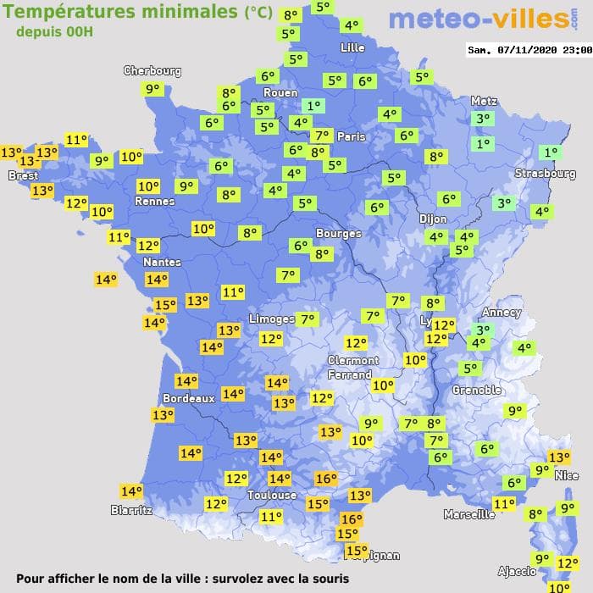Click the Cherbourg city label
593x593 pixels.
tap(152, 71)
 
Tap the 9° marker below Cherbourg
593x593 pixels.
tap(153, 89)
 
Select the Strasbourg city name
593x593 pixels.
tap(545, 174)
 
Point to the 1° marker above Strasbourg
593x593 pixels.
tap(551, 152)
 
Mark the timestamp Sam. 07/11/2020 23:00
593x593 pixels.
tap(529, 50)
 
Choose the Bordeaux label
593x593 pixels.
tap(188, 398)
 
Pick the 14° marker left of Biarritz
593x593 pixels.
tap(131, 490)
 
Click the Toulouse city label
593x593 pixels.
tap(272, 495)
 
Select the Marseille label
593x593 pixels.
tap(469, 514)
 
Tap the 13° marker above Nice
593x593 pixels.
tap(559, 457)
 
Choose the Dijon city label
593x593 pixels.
tap(432, 218)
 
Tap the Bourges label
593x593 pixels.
tap(338, 233)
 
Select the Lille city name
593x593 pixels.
tap(352, 47)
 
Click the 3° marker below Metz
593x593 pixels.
tap(483, 119)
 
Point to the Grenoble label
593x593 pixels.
tap(477, 391)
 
